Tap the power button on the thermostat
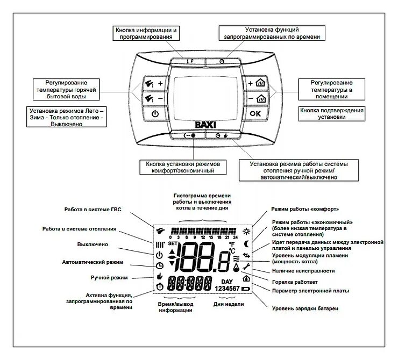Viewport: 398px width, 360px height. [155, 113]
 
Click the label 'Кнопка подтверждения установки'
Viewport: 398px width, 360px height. [331, 113]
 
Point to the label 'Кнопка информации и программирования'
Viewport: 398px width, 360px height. [145, 33]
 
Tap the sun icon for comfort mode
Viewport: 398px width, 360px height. [246, 232]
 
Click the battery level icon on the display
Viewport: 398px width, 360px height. [246, 289]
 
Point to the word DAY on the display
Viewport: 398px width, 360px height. [227, 281]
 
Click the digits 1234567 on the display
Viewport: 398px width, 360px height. [228, 289]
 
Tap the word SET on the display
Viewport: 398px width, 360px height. [172, 243]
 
